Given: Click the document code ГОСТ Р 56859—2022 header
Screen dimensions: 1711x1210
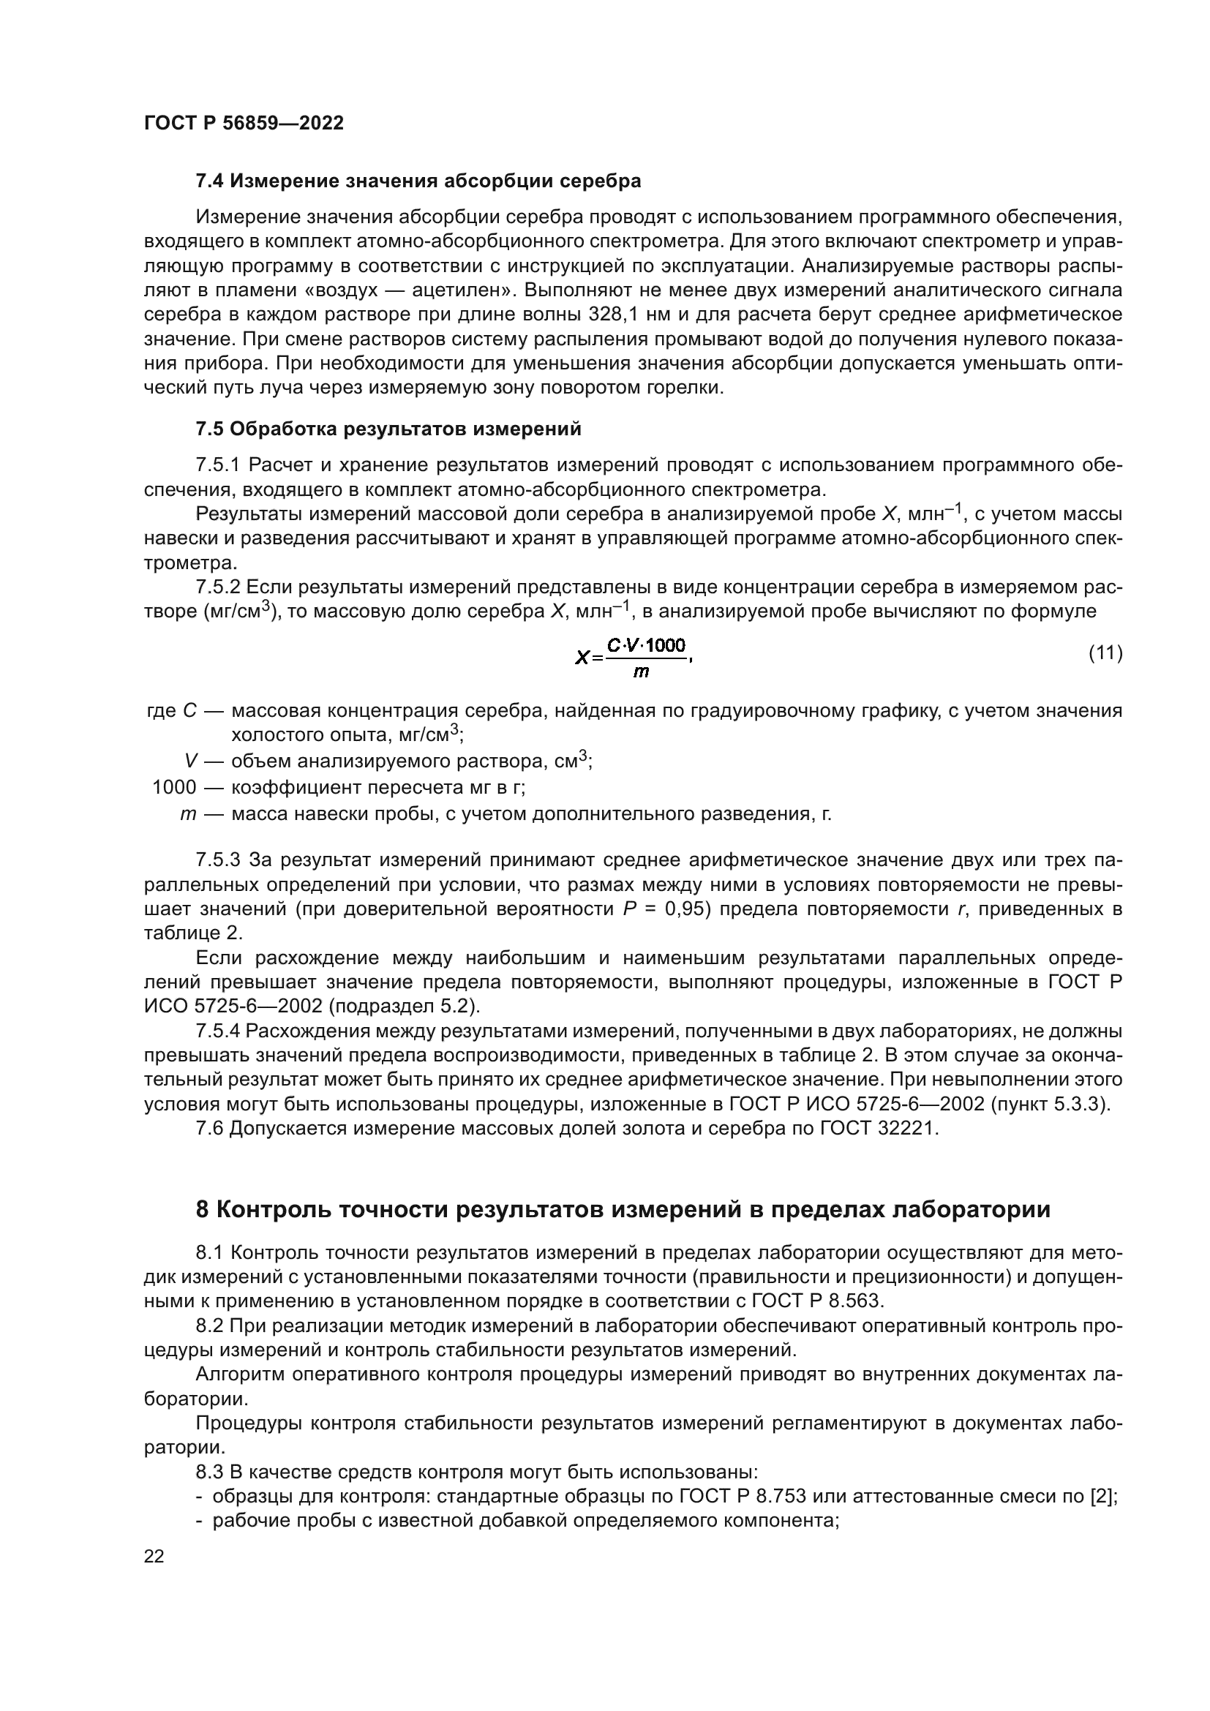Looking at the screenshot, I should pos(244,124).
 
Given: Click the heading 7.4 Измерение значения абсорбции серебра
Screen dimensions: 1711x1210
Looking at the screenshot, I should pos(418,181).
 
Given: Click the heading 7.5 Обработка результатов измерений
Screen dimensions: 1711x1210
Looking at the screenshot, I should pos(388,429).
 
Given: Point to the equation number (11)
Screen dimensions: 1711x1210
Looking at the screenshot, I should pos(1105,653).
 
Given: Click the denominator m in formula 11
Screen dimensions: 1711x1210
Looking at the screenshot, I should pos(640,673).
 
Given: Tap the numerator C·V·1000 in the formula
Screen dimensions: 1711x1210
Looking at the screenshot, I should pos(646,645).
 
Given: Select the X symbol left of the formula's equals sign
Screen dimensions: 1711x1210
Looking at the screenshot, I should pos(582,658).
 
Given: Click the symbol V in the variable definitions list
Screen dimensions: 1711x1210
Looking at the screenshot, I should pos(191,761).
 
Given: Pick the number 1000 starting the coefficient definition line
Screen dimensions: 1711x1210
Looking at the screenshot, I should pos(174,787).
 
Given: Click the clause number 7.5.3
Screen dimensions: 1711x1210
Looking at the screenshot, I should pos(217,861).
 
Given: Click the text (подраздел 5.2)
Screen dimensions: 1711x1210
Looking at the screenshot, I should pos(405,1007).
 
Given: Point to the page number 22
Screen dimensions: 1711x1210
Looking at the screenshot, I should pos(154,1557).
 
